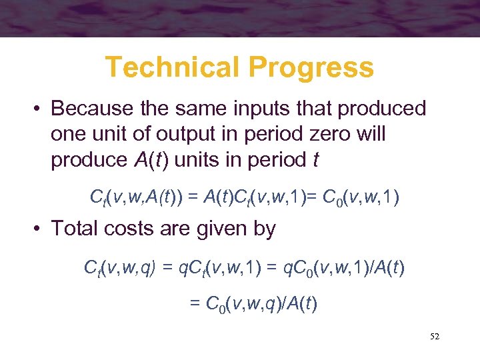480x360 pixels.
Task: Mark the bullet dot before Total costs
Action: pos(39,229)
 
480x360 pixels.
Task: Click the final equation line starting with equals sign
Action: pos(253,304)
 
